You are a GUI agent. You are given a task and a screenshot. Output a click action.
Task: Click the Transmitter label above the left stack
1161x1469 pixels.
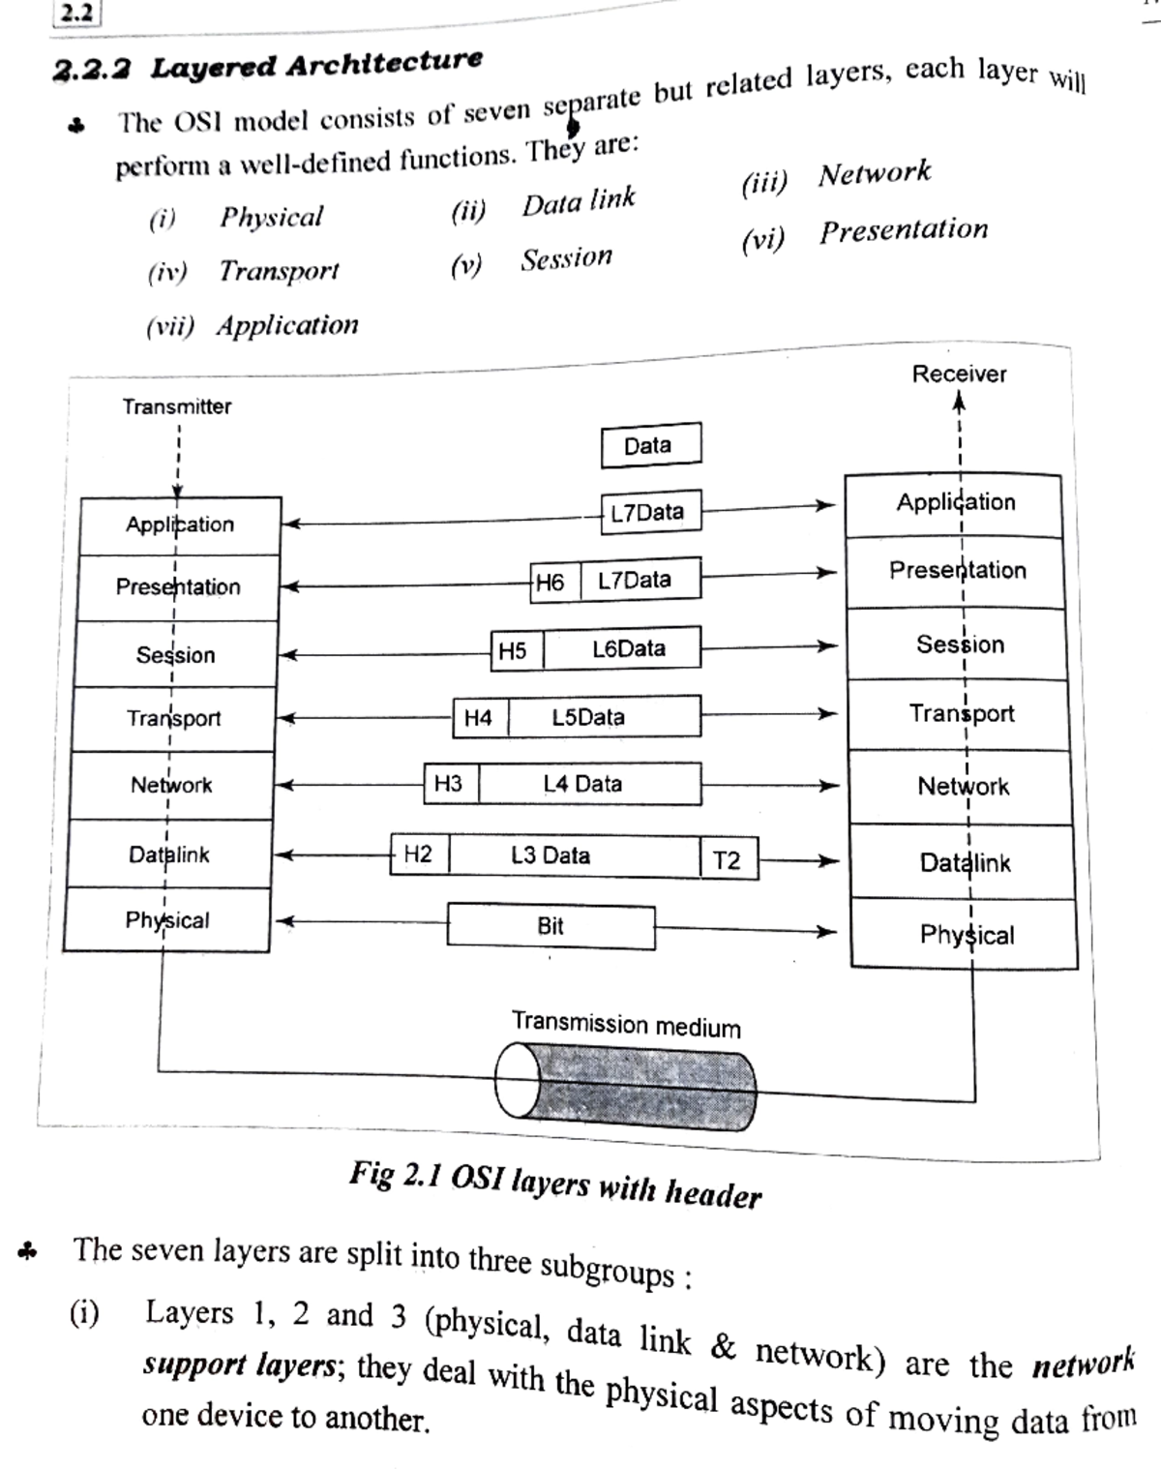point(177,406)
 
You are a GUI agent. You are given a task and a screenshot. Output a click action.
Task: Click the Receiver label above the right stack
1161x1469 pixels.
point(959,374)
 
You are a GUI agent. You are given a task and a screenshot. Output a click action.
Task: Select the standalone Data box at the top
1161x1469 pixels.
point(650,445)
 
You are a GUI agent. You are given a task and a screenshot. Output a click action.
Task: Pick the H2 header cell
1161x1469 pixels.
point(419,854)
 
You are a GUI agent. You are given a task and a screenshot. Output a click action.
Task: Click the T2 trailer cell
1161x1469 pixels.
point(728,860)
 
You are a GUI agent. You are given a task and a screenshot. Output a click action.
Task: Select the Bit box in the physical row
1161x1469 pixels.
point(551,926)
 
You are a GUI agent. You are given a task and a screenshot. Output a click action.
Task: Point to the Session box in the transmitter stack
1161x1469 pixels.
point(175,655)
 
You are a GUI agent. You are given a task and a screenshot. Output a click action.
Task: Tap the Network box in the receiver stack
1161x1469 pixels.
point(962,787)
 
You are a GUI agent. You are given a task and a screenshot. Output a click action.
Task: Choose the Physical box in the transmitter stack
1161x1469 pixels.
point(166,920)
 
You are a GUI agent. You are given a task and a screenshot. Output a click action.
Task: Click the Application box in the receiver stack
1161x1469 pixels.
point(955,503)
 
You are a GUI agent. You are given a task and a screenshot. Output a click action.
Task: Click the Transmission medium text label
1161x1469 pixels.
point(626,1024)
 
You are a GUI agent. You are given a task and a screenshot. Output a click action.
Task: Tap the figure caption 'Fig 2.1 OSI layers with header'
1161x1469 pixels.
point(555,1184)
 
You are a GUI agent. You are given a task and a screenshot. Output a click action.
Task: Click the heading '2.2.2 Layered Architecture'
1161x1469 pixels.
point(268,66)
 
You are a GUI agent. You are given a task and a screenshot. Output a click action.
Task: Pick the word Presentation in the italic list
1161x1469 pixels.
point(904,230)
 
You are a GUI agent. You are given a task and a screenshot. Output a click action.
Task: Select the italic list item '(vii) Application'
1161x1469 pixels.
point(253,325)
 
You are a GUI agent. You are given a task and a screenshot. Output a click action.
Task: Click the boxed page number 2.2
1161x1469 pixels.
point(75,13)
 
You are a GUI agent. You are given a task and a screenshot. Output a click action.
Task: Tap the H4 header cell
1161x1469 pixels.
point(479,718)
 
